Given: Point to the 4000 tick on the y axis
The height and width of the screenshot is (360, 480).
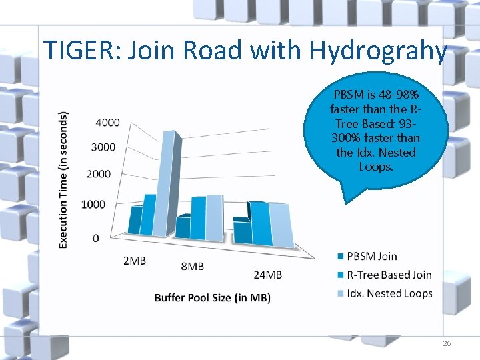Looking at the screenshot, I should coord(108,122).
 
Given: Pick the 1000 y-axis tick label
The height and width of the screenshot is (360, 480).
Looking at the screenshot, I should coord(93,204).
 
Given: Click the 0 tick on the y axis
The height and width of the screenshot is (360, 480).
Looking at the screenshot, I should coord(97,238).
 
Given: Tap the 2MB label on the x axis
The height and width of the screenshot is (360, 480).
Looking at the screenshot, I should coord(135,261).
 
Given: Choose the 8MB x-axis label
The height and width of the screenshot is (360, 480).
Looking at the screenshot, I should coord(193,267).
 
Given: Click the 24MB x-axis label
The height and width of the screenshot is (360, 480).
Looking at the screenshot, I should coord(268,275).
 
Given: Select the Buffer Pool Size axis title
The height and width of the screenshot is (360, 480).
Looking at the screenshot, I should coord(212,297).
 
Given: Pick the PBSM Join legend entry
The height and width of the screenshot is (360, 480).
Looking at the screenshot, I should coord(371,256).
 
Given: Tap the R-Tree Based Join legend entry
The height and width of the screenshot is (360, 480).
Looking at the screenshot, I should coord(389,275).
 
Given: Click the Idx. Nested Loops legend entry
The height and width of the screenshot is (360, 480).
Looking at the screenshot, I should coord(389,293).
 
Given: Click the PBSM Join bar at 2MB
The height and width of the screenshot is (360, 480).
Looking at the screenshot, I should coord(135,220).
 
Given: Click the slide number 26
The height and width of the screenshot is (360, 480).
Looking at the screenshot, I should coord(447,343).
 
